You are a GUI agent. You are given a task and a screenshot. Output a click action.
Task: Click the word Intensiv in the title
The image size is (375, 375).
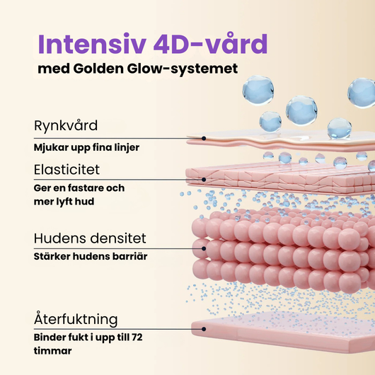pyautogui.click(x=92, y=45)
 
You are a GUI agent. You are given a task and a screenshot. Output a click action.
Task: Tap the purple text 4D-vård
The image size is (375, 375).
pyautogui.click(x=210, y=44)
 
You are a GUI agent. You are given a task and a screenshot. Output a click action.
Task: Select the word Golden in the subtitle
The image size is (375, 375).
pyautogui.click(x=98, y=69)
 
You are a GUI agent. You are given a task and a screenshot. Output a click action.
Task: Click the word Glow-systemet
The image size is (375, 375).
pyautogui.click(x=183, y=69)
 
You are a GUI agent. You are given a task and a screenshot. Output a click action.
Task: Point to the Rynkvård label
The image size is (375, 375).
pyautogui.click(x=66, y=125)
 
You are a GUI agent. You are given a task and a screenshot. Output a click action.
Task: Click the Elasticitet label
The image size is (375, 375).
pyautogui.click(x=67, y=170)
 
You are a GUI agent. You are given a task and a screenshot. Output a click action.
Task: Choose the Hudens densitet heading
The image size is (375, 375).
pyautogui.click(x=90, y=238)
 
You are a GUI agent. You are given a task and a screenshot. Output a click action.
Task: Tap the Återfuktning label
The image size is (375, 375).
pyautogui.click(x=76, y=319)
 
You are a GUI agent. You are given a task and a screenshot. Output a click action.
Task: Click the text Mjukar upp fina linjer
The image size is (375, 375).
pyautogui.click(x=86, y=147)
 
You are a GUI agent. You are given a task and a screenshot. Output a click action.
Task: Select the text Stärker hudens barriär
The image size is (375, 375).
pyautogui.click(x=91, y=256)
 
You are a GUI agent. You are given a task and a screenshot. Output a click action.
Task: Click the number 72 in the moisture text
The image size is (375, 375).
pyautogui.click(x=137, y=337)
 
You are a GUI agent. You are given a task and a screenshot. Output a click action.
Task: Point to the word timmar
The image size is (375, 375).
pyautogui.click(x=52, y=351)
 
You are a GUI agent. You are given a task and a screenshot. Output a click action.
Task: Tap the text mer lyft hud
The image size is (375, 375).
pyautogui.click(x=64, y=202)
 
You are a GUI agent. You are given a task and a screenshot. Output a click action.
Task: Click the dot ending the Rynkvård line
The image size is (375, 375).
pyautogui.click(x=204, y=138)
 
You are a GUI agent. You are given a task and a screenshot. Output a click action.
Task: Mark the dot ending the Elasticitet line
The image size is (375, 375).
pyautogui.click(x=204, y=180)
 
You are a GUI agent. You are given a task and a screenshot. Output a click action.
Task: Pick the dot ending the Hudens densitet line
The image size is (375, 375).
pyautogui.click(x=204, y=249)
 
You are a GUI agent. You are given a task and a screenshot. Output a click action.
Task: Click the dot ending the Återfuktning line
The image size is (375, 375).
pyautogui.click(x=204, y=329)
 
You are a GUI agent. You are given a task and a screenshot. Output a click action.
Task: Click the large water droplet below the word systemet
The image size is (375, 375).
pyautogui.click(x=258, y=90)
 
